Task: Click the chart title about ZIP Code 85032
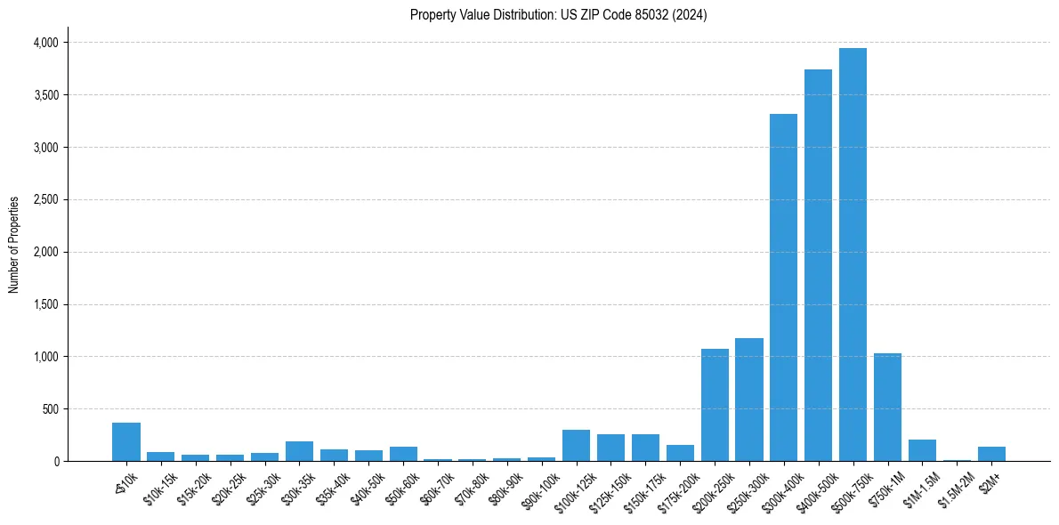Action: pos(558,15)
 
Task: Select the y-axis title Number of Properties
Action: pos(14,245)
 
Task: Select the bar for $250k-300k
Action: pos(748,400)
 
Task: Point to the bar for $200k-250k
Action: pos(715,405)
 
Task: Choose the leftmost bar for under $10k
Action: pos(126,442)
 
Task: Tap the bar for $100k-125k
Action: pos(576,446)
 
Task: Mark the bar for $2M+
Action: pos(991,454)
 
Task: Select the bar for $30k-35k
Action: pos(299,451)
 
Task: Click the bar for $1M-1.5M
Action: pos(922,450)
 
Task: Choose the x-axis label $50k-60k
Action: pos(403,489)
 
